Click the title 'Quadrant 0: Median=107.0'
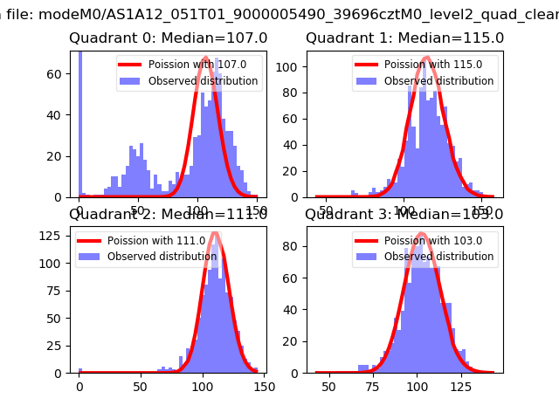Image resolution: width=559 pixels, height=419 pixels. [x=169, y=38]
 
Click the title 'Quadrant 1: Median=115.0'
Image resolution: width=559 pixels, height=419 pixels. [x=404, y=38]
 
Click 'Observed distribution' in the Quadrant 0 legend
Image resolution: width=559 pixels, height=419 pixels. [x=203, y=81]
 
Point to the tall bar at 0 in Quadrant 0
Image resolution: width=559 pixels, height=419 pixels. [x=80, y=122]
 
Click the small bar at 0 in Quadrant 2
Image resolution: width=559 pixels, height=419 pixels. [x=80, y=370]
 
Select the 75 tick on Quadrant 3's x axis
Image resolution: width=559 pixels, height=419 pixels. [x=373, y=387]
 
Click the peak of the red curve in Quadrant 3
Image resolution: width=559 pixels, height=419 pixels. [x=421, y=233]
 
